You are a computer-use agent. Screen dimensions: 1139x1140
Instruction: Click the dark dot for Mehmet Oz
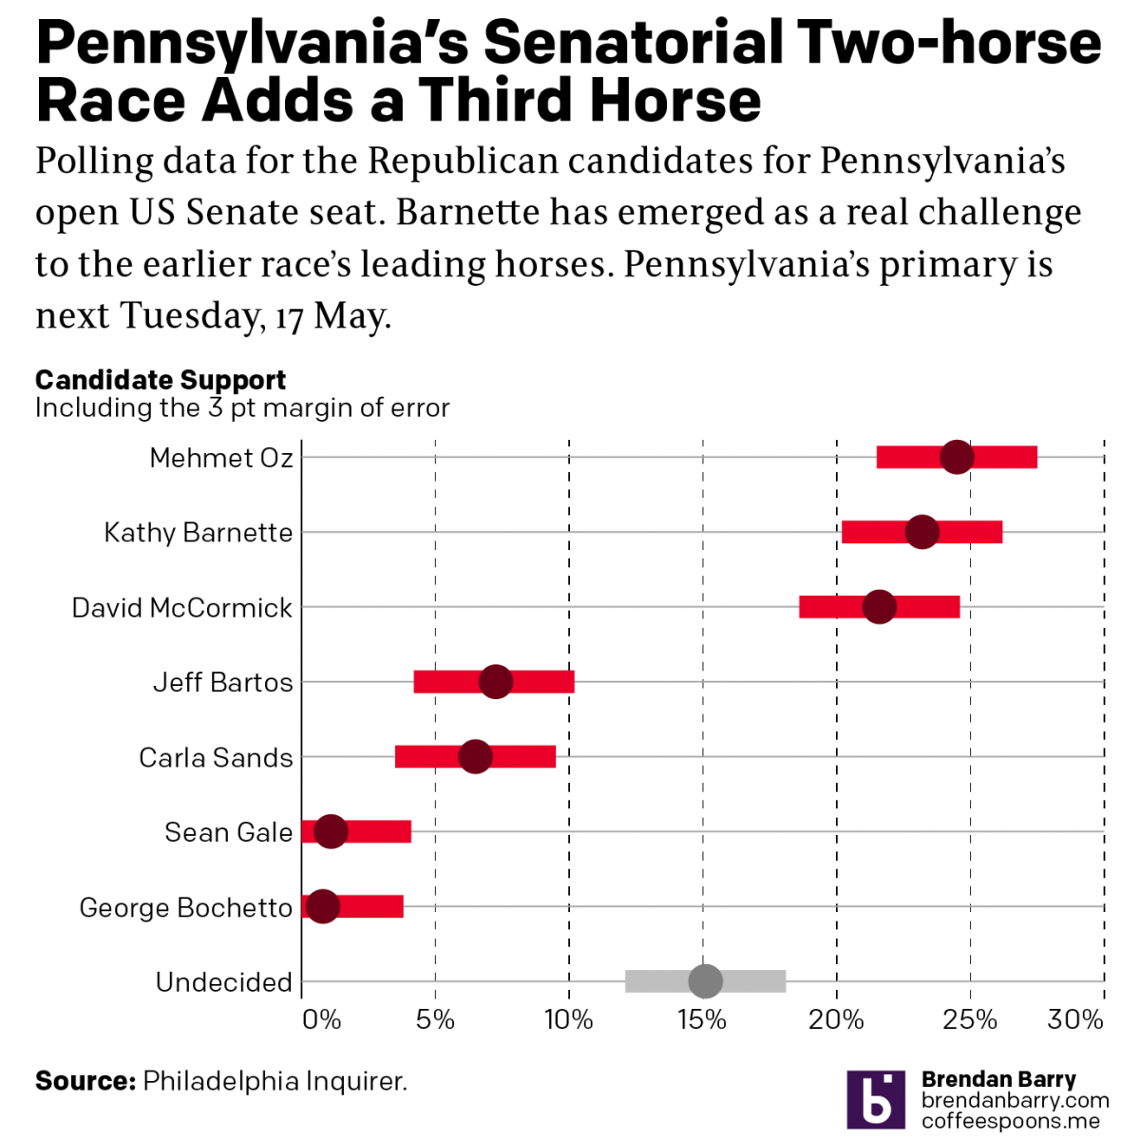(x=957, y=457)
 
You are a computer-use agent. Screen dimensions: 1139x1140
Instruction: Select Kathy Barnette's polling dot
(x=922, y=532)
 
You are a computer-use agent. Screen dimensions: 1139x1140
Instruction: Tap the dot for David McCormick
(x=880, y=607)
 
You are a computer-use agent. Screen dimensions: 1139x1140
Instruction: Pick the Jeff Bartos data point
(x=496, y=681)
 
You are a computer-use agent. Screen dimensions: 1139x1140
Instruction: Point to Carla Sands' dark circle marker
(x=475, y=757)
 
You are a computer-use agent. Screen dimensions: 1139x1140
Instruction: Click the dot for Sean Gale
(x=331, y=831)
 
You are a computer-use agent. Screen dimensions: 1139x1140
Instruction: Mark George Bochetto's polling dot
(x=323, y=906)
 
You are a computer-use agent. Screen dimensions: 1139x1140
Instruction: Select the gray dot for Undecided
(x=705, y=980)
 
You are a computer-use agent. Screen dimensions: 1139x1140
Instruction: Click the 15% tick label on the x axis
(x=702, y=1020)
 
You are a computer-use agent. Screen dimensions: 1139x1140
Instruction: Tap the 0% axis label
(x=321, y=1020)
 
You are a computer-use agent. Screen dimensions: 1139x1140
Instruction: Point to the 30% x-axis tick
(x=1075, y=1020)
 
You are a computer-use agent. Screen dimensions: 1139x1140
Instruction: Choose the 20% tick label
(x=836, y=1020)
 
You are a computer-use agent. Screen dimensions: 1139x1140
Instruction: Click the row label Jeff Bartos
(x=223, y=682)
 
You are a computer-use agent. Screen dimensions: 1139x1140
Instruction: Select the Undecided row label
(x=224, y=982)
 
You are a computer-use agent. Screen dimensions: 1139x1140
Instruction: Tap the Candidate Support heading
(x=161, y=380)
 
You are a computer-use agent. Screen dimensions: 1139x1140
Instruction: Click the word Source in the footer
(x=85, y=1081)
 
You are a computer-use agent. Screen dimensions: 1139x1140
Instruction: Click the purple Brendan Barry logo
(x=876, y=1100)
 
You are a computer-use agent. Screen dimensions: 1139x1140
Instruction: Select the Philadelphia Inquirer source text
(x=275, y=1081)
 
